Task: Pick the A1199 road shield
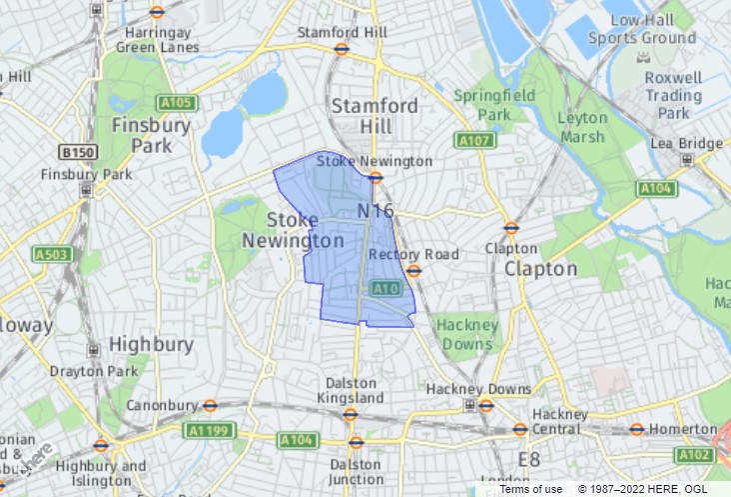(x=206, y=431)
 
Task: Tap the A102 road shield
(x=693, y=455)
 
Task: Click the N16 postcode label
(x=375, y=211)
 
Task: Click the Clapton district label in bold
(x=540, y=269)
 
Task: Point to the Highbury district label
(x=151, y=344)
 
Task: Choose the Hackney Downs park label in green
(x=466, y=334)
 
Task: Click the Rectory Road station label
(x=413, y=255)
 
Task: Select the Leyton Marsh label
(x=582, y=127)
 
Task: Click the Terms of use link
(x=530, y=489)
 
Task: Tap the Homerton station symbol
(x=636, y=429)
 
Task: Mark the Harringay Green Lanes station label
(x=158, y=38)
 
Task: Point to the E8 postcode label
(x=529, y=459)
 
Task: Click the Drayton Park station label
(x=95, y=371)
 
